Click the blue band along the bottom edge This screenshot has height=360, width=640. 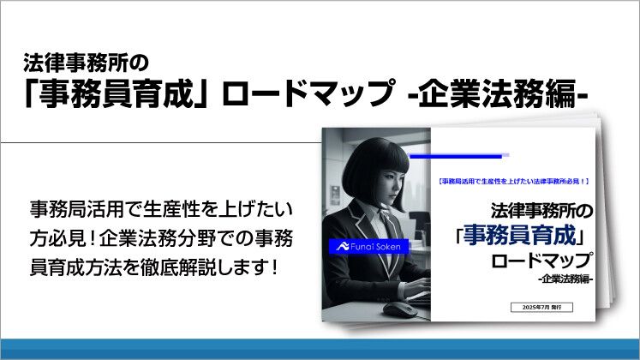(x=320, y=349)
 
